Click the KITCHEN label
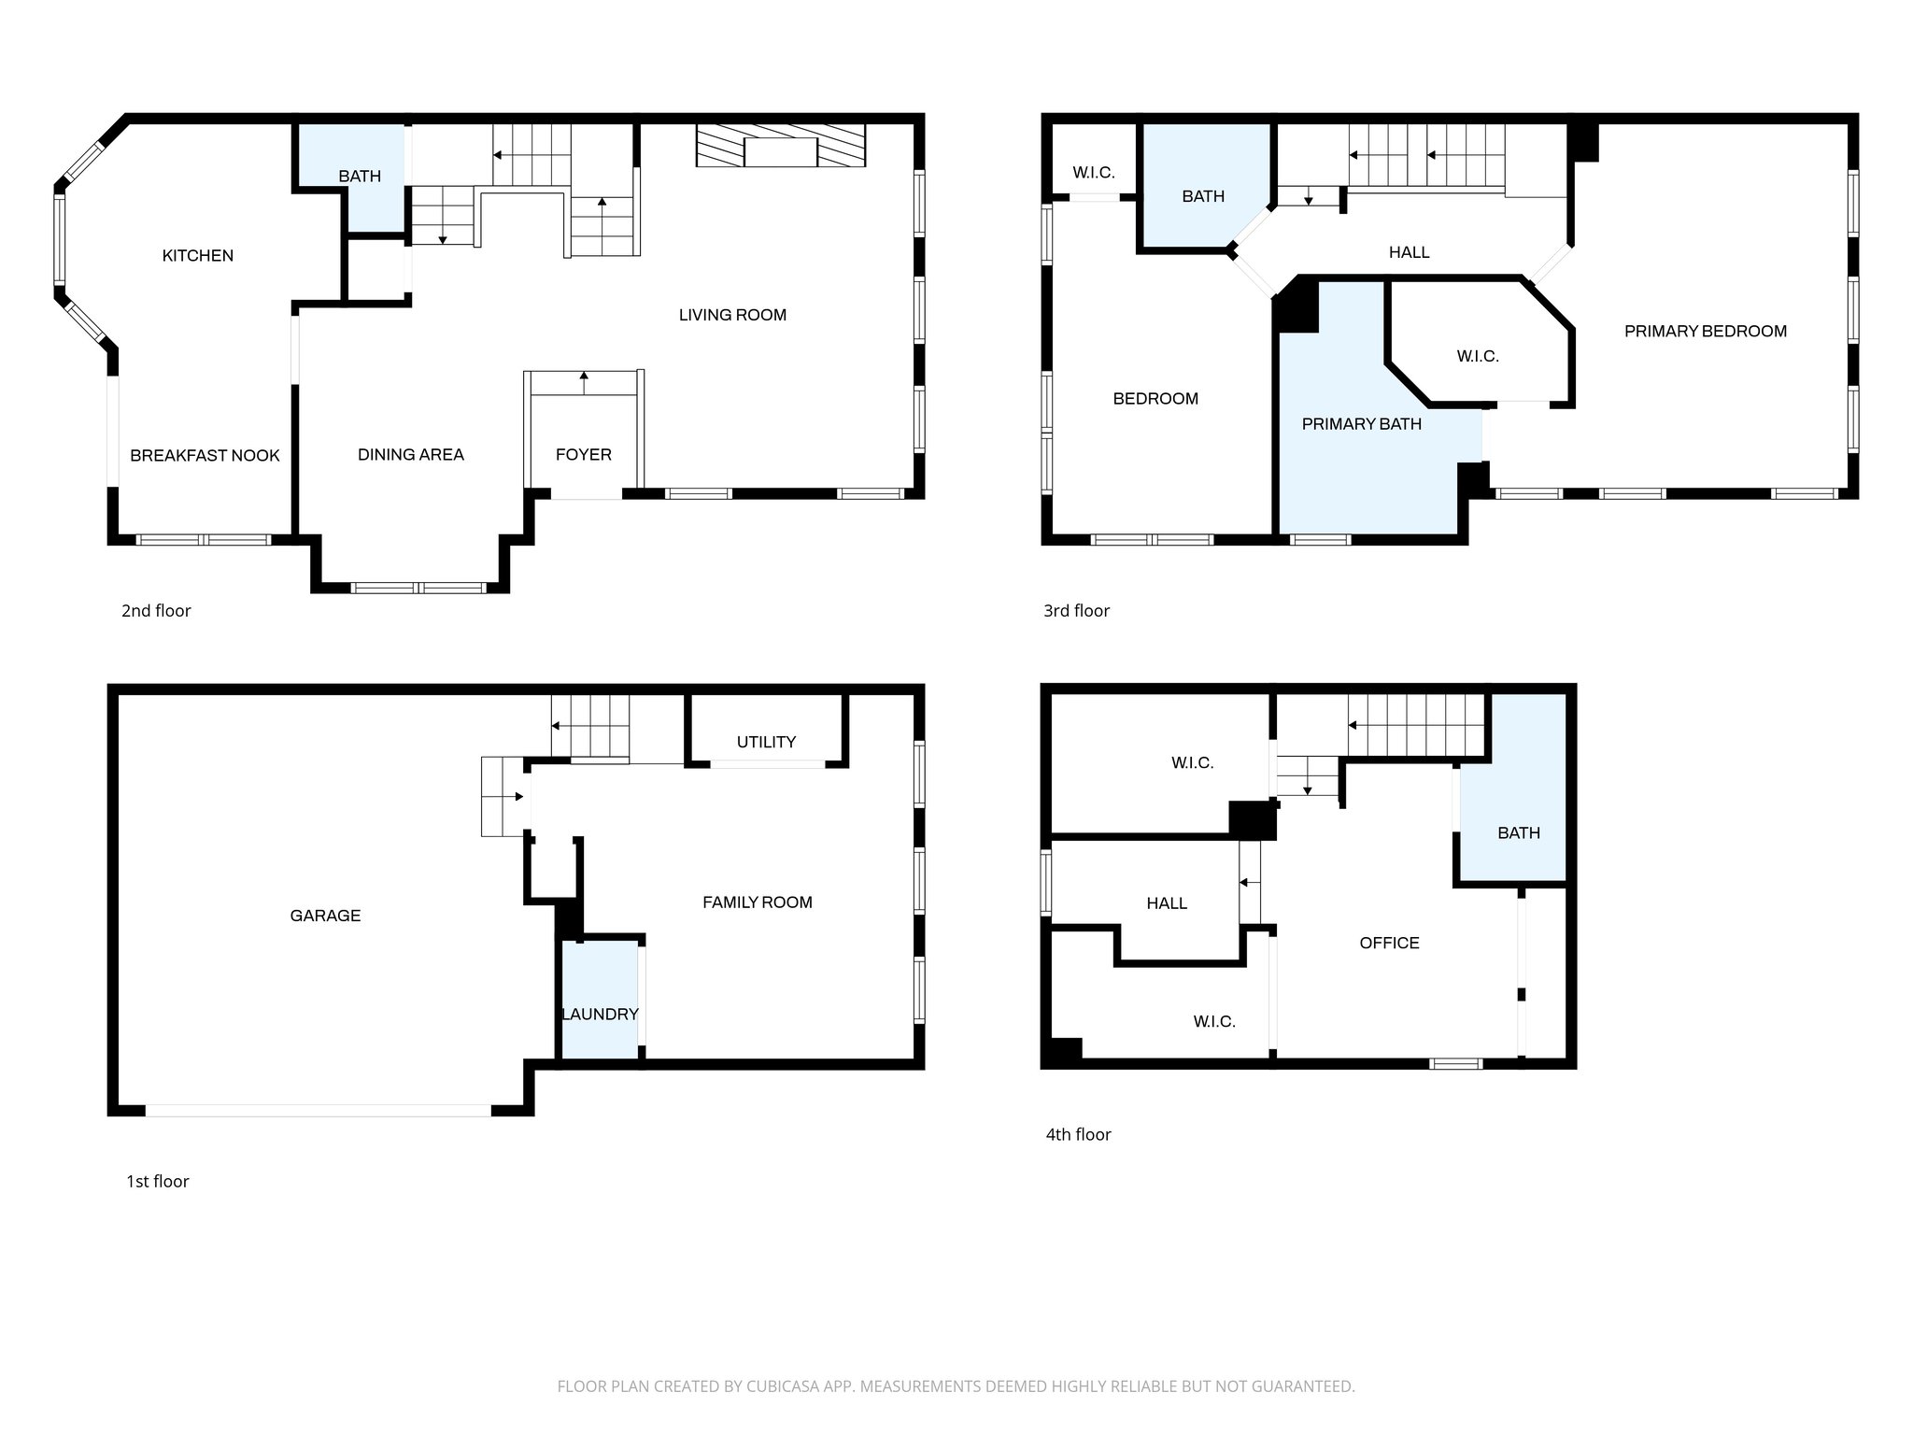coord(197,255)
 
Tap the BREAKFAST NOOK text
coord(205,455)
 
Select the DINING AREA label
coord(410,454)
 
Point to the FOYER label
coord(583,454)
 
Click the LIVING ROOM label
coord(732,315)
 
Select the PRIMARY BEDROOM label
coord(1705,331)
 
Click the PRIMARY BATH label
coord(1361,424)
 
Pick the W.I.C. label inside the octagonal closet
coord(1477,356)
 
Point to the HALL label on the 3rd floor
coord(1409,252)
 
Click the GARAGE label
coord(325,916)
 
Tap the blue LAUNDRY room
coord(600,1014)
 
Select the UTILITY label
coord(766,742)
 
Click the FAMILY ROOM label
coord(757,902)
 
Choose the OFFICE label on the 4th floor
coord(1389,943)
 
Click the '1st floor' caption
coord(157,1181)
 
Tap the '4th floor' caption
coord(1078,1134)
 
